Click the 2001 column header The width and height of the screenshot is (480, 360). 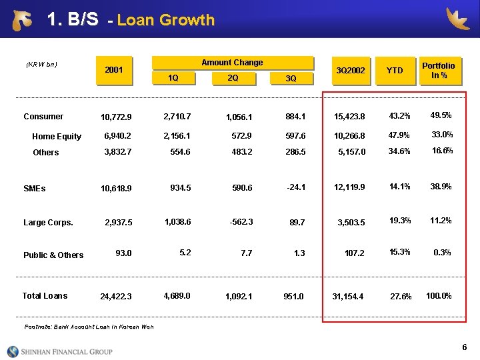114,69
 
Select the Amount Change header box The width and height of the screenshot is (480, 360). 232,63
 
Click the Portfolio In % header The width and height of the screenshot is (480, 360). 439,69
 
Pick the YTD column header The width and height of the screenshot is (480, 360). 395,69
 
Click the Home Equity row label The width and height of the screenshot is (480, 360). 57,137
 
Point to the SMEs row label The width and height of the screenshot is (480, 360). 35,189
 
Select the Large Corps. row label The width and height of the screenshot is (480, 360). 48,223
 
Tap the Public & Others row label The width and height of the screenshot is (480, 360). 53,255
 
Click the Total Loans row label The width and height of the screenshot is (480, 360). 45,296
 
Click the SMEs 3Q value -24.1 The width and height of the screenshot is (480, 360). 296,187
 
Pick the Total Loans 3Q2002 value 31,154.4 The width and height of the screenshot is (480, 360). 349,297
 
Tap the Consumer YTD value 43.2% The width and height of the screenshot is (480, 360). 400,117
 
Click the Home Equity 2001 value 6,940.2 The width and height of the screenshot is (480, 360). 118,136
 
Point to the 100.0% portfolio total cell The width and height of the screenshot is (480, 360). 439,295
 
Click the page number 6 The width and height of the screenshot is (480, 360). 464,347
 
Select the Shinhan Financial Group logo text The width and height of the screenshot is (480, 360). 69,351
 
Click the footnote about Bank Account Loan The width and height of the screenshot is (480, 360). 89,327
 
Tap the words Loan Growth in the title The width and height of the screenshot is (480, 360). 165,21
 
